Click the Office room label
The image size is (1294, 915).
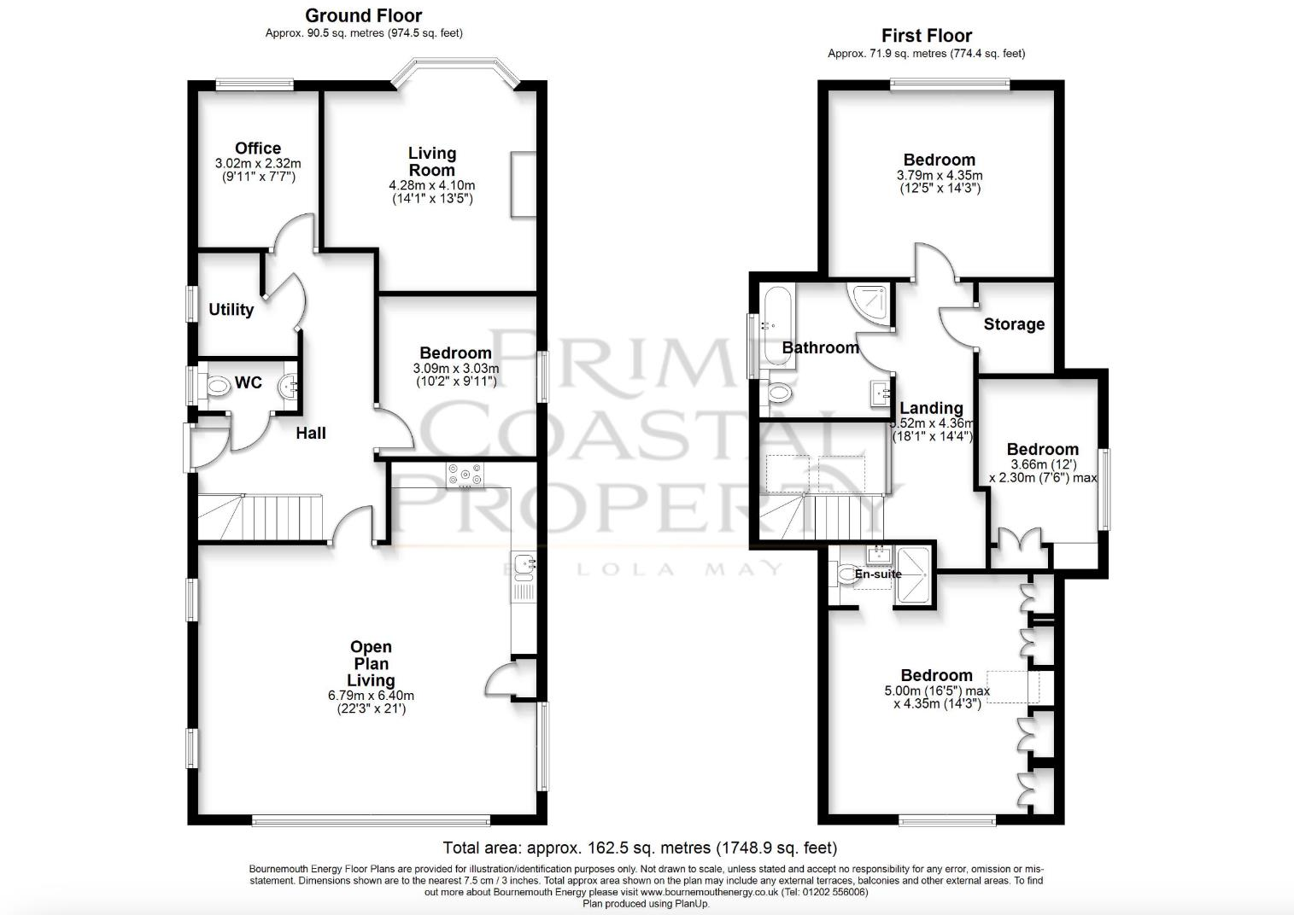[x=258, y=149]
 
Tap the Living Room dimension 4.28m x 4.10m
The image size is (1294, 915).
[x=431, y=185]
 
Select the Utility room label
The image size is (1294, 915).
[x=231, y=310]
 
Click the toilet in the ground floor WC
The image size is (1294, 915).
[x=217, y=386]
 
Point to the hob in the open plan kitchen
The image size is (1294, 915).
[x=464, y=475]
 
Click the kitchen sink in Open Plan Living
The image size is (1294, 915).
[x=524, y=564]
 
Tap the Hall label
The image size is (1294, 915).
[x=311, y=433]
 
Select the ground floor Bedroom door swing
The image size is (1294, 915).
[x=395, y=431]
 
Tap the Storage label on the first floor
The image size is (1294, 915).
[x=1014, y=324]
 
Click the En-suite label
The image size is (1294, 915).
[x=878, y=574]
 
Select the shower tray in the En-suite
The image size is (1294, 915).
[x=914, y=575]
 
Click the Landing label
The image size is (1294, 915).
[x=931, y=408]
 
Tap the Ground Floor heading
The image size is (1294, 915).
[x=363, y=15]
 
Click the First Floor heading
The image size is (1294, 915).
[x=926, y=36]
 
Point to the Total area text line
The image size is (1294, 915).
[x=639, y=848]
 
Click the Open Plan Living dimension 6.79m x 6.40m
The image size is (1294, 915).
[x=371, y=696]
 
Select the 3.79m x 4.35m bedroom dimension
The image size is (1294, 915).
[x=939, y=175]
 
